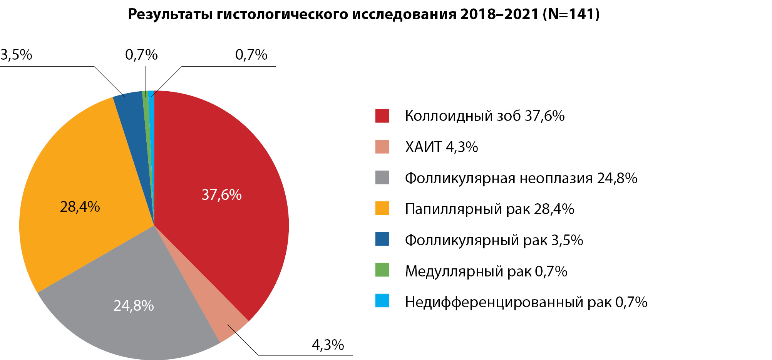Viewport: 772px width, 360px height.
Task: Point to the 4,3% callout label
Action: click(328, 345)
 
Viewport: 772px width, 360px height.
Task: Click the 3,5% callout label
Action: click(16, 55)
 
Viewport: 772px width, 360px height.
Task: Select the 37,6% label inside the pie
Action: click(221, 195)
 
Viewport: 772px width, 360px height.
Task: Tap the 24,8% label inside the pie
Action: click(134, 306)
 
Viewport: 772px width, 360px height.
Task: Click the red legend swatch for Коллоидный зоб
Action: click(382, 116)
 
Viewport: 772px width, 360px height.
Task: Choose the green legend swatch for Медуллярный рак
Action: click(382, 270)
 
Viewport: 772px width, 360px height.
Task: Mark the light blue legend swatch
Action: click(382, 301)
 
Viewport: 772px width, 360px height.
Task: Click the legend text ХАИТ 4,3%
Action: click(441, 147)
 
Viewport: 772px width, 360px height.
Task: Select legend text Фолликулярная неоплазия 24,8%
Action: click(521, 178)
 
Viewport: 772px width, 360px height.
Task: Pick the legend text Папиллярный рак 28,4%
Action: click(489, 209)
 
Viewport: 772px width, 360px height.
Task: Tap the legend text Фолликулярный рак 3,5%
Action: click(494, 240)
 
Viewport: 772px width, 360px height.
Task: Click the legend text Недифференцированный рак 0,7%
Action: click(526, 302)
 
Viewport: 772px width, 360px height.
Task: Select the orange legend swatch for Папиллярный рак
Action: click(382, 208)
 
